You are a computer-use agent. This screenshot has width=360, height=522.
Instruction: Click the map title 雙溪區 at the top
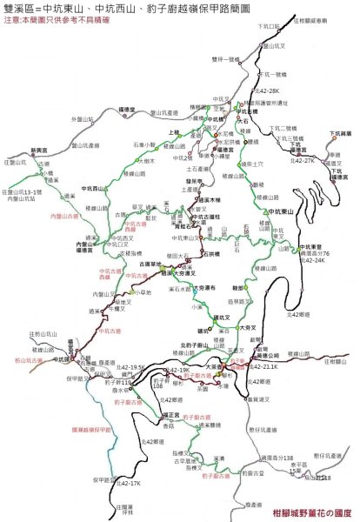24,9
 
